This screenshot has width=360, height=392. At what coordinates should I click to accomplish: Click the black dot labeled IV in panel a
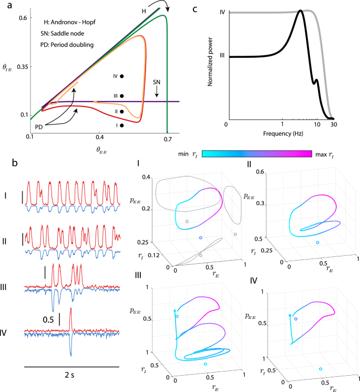click(x=122, y=76)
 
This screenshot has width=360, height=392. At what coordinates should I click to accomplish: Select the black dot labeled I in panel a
click(x=122, y=125)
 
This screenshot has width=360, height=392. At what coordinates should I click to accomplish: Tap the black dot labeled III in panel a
click(x=122, y=96)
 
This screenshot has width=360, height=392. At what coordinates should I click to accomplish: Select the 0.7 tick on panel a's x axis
click(x=168, y=139)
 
